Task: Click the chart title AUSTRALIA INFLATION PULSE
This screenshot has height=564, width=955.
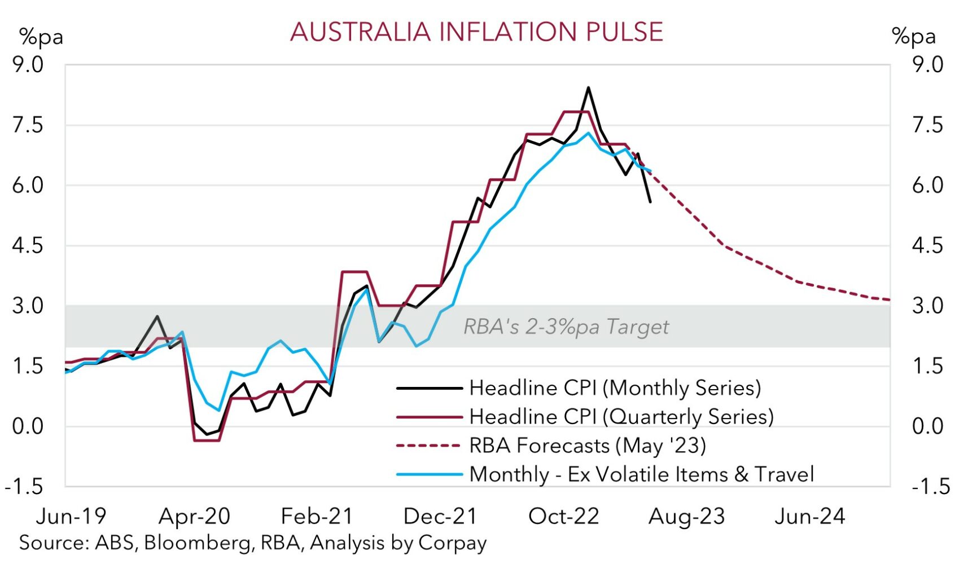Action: coord(477,32)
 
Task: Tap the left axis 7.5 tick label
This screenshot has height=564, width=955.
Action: coord(28,125)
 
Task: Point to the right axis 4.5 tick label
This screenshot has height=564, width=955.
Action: coord(927,246)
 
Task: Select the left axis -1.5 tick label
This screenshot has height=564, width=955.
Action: coord(24,486)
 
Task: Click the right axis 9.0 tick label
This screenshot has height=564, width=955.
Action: coord(927,64)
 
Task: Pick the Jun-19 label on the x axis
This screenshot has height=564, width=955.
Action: coord(71,516)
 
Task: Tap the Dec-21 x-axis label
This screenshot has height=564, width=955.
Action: coord(440,516)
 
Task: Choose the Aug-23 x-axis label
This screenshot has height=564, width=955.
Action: coord(687,516)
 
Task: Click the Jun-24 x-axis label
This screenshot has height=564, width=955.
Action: coord(810,516)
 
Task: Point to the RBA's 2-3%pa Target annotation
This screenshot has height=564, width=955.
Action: coord(566,327)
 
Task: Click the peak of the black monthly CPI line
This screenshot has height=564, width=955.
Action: coord(588,87)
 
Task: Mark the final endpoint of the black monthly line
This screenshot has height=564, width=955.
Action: coord(651,202)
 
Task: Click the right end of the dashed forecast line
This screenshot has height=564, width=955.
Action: coord(889,299)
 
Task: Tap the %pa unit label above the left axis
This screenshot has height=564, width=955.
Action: coord(41,37)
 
